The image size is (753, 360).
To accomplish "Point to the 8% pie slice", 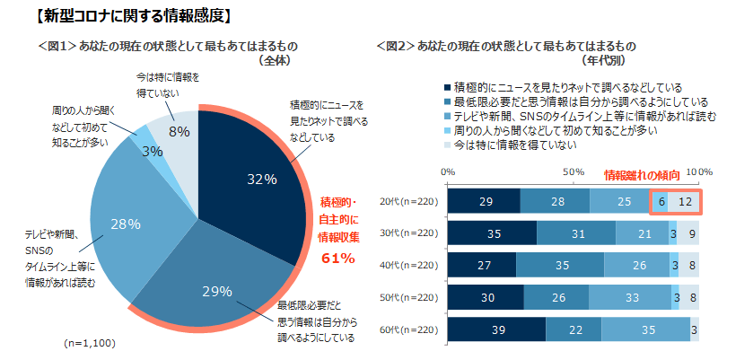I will click(x=178, y=131).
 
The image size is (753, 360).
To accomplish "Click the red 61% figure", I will click(x=338, y=259).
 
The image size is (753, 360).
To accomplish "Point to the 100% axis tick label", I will click(x=698, y=171).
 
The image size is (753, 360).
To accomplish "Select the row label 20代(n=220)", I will click(x=409, y=201).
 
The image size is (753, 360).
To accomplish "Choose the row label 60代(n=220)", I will click(x=409, y=332).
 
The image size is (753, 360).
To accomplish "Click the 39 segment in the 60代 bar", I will click(x=495, y=332).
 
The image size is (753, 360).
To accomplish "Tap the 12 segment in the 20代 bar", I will click(x=684, y=201).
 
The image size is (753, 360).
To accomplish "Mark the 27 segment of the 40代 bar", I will click(x=481, y=267).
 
